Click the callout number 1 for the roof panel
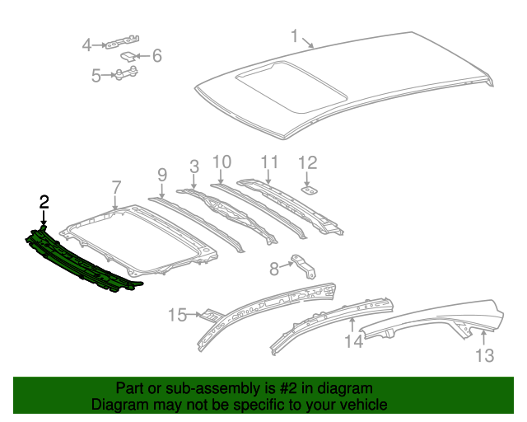[x=295, y=35]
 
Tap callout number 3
[x=194, y=167]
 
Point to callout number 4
[x=86, y=45]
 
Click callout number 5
[x=96, y=76]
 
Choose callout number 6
[x=156, y=56]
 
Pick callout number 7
[x=116, y=186]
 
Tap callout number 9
[x=162, y=174]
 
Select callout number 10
[x=222, y=162]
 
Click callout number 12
[x=307, y=162]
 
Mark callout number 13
[x=484, y=355]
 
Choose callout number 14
[x=353, y=340]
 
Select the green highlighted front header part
[x=82, y=260]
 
